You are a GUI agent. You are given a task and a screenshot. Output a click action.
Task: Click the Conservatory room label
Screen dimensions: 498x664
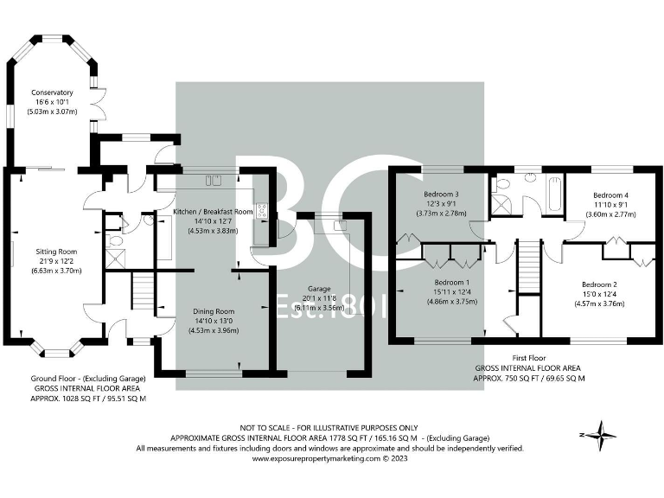52,93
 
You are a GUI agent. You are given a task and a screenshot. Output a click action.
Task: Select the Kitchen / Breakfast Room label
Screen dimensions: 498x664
213,211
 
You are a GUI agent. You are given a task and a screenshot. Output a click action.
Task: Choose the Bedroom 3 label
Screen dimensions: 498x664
441,194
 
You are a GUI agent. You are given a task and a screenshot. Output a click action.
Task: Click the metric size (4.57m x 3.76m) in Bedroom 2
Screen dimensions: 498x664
599,303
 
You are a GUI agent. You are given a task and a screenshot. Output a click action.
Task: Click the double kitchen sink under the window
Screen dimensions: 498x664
213,180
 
